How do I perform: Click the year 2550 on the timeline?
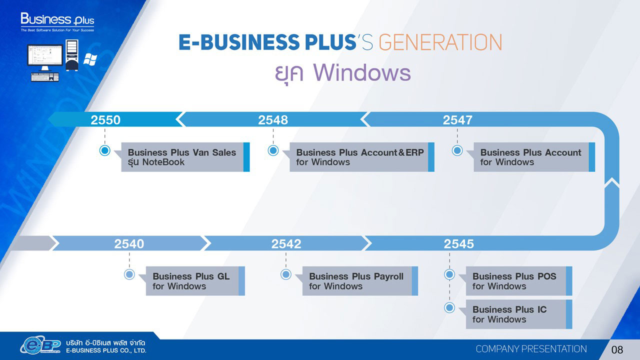pyautogui.click(x=105, y=120)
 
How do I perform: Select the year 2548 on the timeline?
pyautogui.click(x=273, y=120)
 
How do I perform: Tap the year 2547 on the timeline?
pyautogui.click(x=457, y=120)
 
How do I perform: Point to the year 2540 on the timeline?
pyautogui.click(x=129, y=243)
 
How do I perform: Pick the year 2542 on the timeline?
pyautogui.click(x=286, y=243)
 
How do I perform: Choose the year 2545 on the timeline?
pyautogui.click(x=458, y=243)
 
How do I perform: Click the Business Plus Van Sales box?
pyautogui.click(x=185, y=157)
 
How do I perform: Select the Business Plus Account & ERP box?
pyautogui.click(x=362, y=157)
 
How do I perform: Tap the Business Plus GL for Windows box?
pyautogui.click(x=195, y=281)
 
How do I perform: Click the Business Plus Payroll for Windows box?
pyautogui.click(x=360, y=281)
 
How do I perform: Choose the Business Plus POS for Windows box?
pyautogui.click(x=519, y=281)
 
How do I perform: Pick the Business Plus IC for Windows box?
pyautogui.click(x=519, y=314)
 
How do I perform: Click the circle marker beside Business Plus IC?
pyautogui.click(x=449, y=307)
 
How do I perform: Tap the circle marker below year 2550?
pyautogui.click(x=105, y=150)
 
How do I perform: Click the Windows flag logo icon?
pyautogui.click(x=90, y=59)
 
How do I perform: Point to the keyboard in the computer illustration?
pyautogui.click(x=45, y=77)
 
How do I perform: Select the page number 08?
pyautogui.click(x=617, y=349)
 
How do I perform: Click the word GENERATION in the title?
pyautogui.click(x=440, y=42)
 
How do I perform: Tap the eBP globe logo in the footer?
pyautogui.click(x=40, y=345)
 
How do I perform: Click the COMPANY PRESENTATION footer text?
pyautogui.click(x=531, y=349)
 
